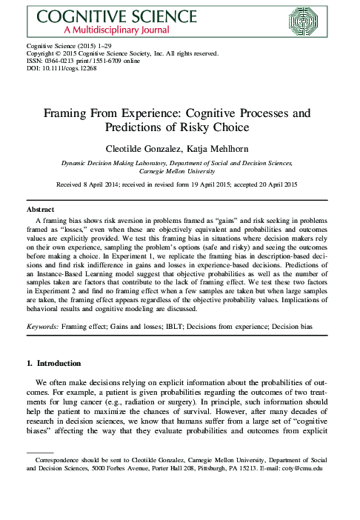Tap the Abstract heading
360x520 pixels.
coord(41,210)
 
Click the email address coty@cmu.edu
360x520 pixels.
coord(301,468)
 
